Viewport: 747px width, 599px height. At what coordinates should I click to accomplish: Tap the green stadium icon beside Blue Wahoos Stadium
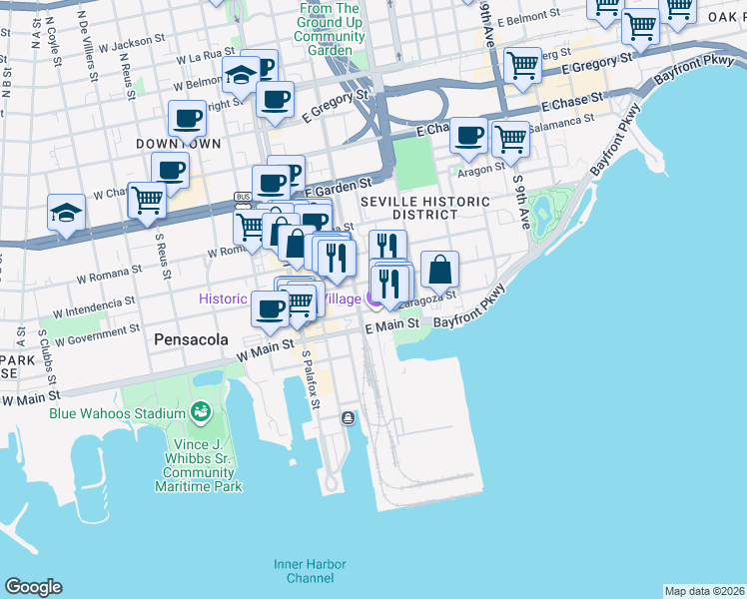[x=201, y=412]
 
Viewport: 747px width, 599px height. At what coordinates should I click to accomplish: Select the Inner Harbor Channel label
[x=304, y=571]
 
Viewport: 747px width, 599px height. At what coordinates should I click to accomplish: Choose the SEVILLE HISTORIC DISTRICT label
[x=424, y=208]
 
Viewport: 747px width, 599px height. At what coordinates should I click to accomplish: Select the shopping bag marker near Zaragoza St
[x=439, y=271]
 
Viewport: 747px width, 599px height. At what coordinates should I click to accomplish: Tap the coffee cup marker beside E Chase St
[x=468, y=137]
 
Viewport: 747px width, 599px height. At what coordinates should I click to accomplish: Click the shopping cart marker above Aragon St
[x=510, y=139]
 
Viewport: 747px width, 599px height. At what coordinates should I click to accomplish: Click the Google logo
[x=33, y=587]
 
